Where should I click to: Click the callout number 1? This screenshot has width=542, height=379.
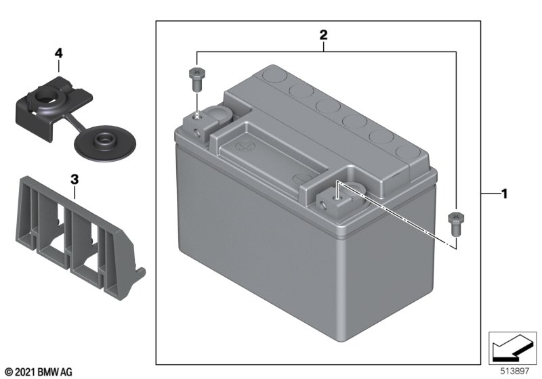(504, 194)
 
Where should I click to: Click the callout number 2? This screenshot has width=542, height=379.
(323, 35)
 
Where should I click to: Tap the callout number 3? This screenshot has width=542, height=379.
(75, 179)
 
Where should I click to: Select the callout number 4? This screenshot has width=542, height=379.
(58, 53)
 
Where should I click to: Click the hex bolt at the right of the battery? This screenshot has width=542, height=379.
(456, 224)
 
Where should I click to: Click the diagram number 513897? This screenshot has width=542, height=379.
(515, 371)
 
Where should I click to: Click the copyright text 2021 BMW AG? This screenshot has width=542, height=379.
(39, 372)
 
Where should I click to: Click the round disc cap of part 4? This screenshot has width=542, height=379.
(105, 143)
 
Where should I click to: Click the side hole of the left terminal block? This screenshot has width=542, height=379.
(197, 133)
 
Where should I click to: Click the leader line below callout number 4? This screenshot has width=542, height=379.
(59, 66)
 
